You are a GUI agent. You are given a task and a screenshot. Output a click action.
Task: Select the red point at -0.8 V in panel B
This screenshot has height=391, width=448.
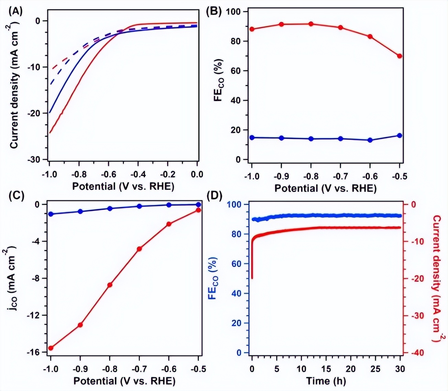[311, 24]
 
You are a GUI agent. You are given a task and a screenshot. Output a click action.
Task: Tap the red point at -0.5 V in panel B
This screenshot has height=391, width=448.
[400, 56]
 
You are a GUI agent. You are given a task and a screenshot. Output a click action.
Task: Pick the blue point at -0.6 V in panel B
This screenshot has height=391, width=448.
[370, 140]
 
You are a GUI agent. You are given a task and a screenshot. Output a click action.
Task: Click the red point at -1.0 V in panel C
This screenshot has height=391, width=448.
[51, 348]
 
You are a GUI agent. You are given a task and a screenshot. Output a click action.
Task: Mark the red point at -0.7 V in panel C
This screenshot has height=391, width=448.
[139, 249]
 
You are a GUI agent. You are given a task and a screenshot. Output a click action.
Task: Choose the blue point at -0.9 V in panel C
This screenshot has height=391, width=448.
[80, 212]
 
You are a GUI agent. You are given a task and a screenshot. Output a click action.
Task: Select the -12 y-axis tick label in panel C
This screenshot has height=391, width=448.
[33, 315]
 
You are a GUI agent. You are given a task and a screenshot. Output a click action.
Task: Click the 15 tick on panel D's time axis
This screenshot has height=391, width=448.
[326, 369]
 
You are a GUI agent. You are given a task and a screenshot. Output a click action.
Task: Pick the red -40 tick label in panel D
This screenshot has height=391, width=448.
[414, 353]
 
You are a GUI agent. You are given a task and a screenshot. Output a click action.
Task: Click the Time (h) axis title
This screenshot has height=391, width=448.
[326, 381]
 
